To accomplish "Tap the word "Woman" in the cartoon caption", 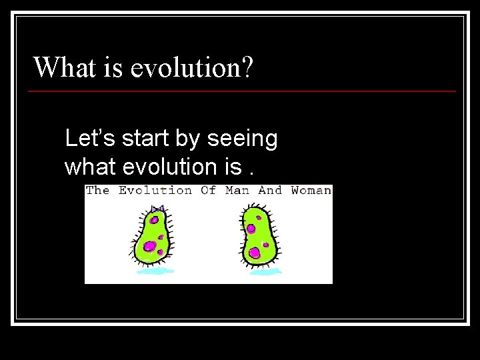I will tap(311, 191).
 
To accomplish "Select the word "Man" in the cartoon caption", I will tap(237, 191).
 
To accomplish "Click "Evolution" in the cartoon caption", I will tap(155, 191).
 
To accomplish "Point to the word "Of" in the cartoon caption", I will tap(208, 191).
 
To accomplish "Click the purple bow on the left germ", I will tap(157, 209).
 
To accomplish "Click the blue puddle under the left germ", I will tap(155, 271).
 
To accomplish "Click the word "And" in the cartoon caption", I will tap(270, 191).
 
